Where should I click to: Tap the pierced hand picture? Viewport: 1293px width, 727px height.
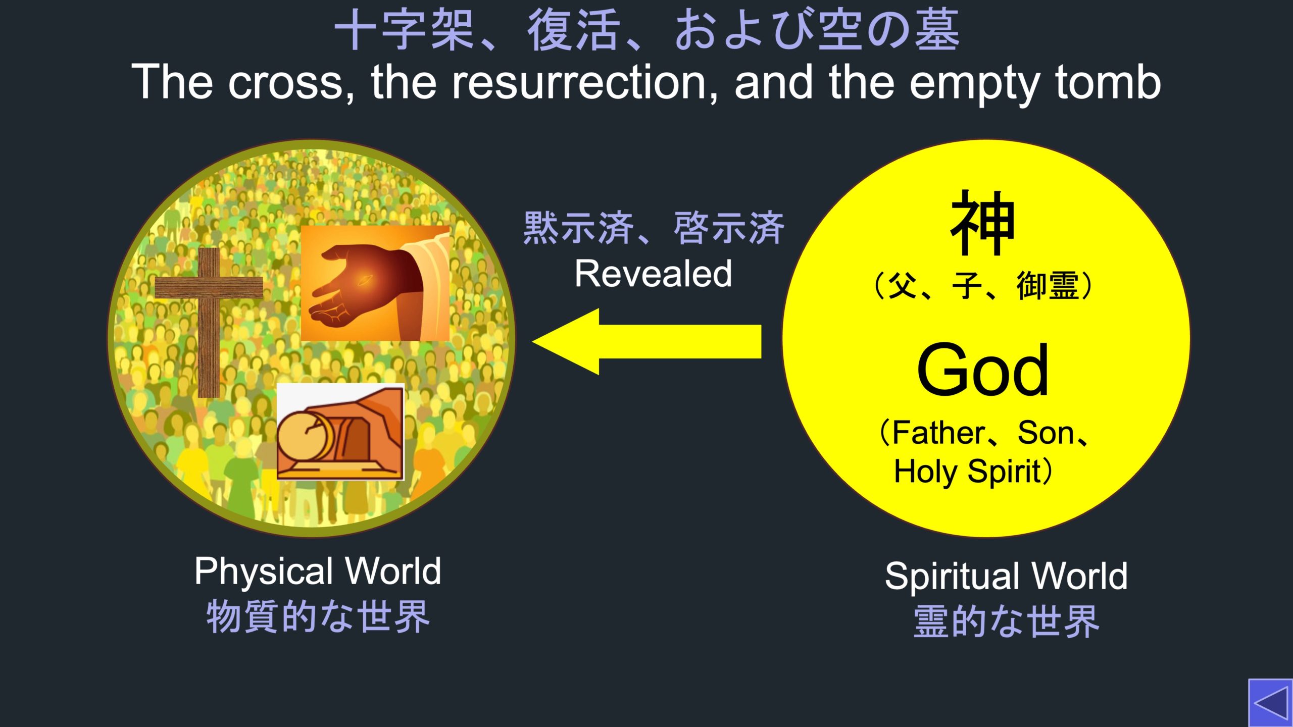[375, 283]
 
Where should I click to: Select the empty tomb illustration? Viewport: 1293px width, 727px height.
[340, 432]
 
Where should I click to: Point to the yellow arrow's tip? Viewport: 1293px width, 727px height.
[533, 342]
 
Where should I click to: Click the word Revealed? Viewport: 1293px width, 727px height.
[653, 274]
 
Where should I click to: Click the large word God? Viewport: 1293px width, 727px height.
[983, 370]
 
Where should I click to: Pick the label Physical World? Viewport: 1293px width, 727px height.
[318, 572]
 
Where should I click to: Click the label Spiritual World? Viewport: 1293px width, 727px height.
[1006, 576]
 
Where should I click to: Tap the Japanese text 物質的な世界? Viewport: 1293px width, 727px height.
[318, 616]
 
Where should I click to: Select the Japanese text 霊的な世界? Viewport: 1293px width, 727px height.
[1006, 621]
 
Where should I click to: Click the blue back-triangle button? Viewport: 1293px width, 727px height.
[1270, 702]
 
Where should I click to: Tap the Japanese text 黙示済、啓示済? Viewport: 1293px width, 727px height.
[654, 228]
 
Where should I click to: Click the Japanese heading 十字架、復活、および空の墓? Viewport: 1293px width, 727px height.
[646, 30]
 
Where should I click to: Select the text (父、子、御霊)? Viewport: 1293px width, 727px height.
[983, 286]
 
